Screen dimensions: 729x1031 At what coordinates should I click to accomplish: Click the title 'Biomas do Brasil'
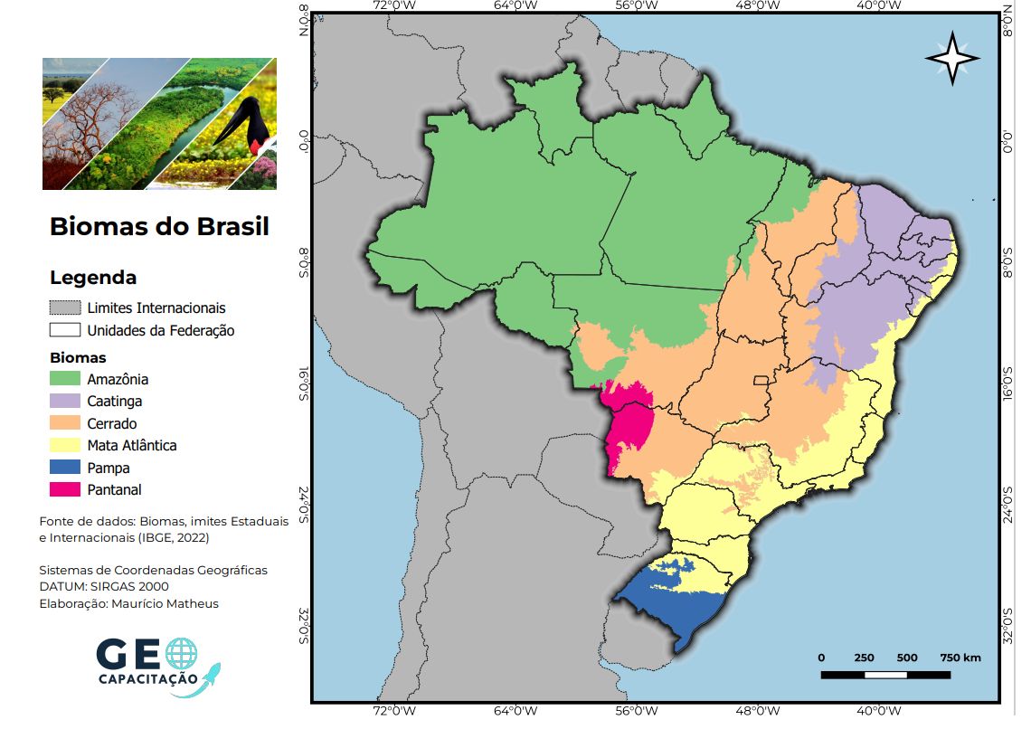(159, 226)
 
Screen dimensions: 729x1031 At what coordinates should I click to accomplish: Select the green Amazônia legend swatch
(65, 379)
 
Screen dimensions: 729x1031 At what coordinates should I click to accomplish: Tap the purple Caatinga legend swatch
(65, 401)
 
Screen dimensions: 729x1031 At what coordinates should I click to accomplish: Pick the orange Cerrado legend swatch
(65, 423)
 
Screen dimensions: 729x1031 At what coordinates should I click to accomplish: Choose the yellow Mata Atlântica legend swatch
(65, 445)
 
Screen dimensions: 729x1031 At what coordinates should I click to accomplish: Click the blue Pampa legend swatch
(65, 468)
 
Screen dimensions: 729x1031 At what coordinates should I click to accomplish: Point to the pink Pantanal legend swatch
(65, 489)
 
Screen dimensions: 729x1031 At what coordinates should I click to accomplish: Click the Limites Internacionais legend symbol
(65, 308)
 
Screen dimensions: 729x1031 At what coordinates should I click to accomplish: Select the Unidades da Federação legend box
(65, 330)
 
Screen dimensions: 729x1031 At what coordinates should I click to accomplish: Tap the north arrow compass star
(952, 59)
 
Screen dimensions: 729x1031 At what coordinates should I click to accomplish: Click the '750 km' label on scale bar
(960, 658)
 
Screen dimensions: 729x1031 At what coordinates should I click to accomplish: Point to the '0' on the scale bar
(821, 658)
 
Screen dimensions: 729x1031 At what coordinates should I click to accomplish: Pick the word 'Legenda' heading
(93, 277)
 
